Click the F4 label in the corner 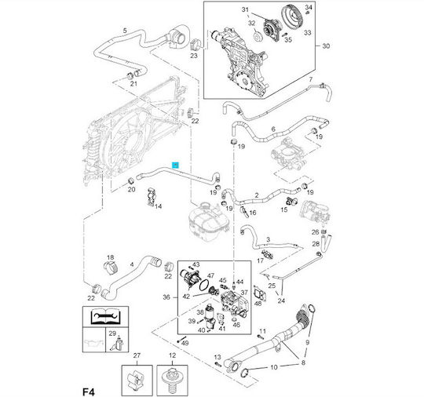(x=89, y=392)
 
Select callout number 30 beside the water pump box (x=326, y=46)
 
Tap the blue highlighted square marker (x=176, y=165)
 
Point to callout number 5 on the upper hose (x=125, y=31)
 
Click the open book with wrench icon (x=105, y=316)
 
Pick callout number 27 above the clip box (x=137, y=355)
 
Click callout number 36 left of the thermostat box (x=166, y=297)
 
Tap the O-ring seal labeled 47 (x=204, y=285)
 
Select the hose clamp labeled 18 (x=111, y=267)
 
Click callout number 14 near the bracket (x=158, y=206)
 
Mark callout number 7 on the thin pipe (x=311, y=79)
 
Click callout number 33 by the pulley (x=308, y=33)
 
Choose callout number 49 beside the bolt (x=185, y=343)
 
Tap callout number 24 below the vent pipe (x=281, y=300)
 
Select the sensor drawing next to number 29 (x=117, y=344)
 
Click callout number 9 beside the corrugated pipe (x=307, y=342)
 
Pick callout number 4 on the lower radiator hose (x=132, y=264)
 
